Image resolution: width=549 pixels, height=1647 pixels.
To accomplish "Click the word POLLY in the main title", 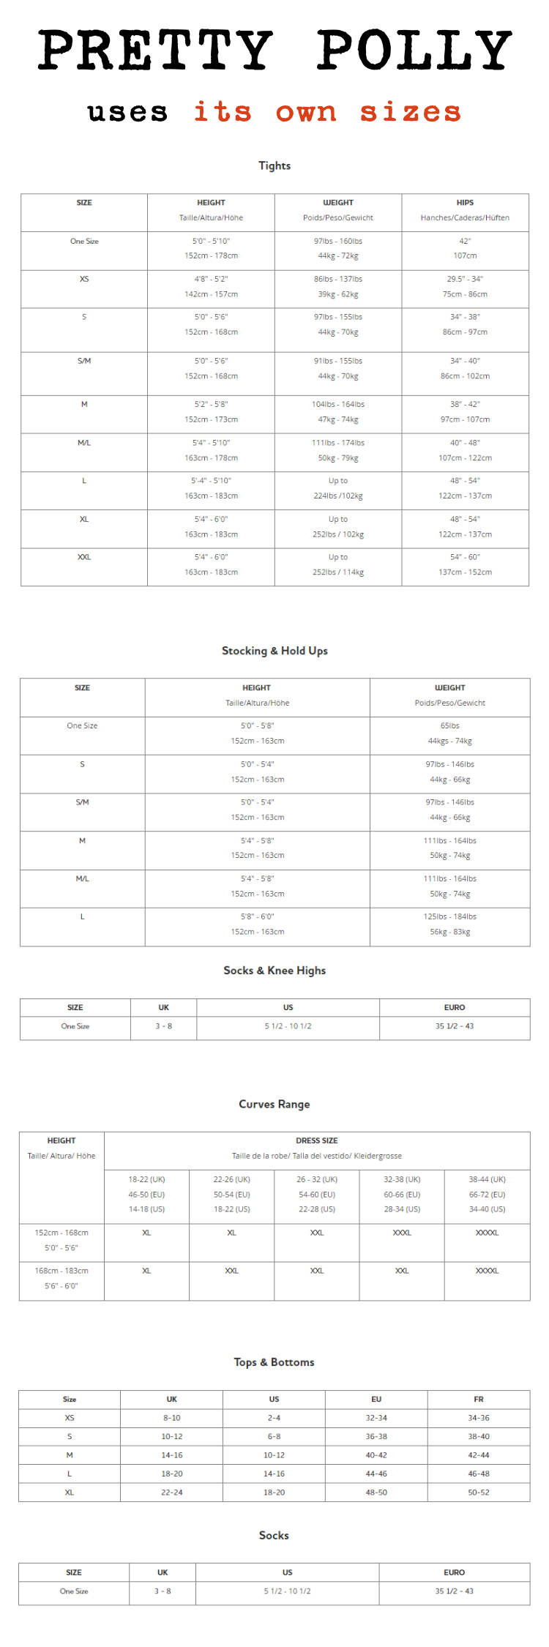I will [x=414, y=50].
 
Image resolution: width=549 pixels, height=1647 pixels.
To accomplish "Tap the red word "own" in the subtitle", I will [x=306, y=112].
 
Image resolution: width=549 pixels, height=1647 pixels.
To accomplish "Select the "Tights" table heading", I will [x=274, y=166].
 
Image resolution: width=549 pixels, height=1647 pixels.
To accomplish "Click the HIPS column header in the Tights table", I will [x=465, y=203].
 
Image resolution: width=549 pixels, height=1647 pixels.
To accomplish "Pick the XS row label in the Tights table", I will [x=84, y=279].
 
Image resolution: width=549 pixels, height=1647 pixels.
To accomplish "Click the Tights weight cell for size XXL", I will [x=338, y=564].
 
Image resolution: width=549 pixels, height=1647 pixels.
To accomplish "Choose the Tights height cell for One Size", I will [x=211, y=248].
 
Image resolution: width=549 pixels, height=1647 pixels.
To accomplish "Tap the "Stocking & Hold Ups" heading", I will [x=274, y=651].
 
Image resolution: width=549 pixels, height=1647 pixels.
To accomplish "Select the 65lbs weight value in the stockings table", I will [x=450, y=725].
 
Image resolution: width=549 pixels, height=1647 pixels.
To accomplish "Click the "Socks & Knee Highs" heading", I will [x=274, y=971].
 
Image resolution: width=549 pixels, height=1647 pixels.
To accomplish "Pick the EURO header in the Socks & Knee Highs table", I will [x=455, y=1008].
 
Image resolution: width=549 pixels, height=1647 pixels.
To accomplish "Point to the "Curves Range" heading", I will [x=274, y=1105].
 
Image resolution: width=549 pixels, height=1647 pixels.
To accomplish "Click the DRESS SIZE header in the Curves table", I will [x=317, y=1140].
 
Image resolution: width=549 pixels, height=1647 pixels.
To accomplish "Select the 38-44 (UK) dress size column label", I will [x=488, y=1179].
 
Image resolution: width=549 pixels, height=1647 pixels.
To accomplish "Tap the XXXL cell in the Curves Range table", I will [x=402, y=1233].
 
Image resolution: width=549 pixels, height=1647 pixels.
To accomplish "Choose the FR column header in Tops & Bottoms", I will [x=479, y=1399].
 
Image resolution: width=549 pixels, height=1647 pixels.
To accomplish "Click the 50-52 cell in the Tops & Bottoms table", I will [x=479, y=1492].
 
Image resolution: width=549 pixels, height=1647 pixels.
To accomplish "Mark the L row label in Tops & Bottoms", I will [x=70, y=1474].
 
